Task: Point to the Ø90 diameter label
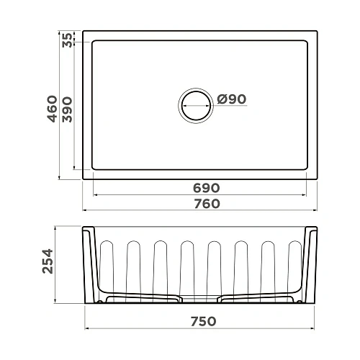pos(230,99)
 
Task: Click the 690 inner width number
pos(201,187)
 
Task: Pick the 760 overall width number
pos(201,203)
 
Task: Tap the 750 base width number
pos(201,320)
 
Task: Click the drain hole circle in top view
pos(196,105)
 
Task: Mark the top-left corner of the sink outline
pos(84,31)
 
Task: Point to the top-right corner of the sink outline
pos(318,31)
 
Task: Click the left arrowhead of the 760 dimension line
pos(86,210)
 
